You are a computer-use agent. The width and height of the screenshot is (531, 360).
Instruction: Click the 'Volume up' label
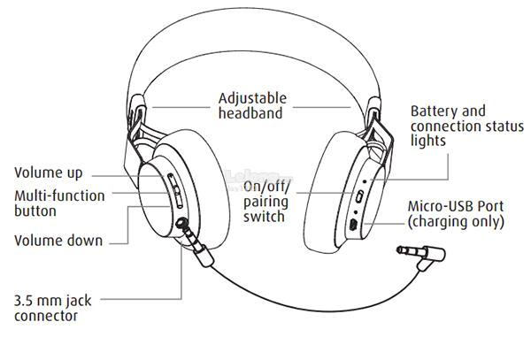(x=49, y=173)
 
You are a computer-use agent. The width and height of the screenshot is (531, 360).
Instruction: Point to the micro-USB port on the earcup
(x=353, y=226)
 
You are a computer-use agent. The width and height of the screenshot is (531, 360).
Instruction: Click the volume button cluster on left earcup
(x=174, y=189)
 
